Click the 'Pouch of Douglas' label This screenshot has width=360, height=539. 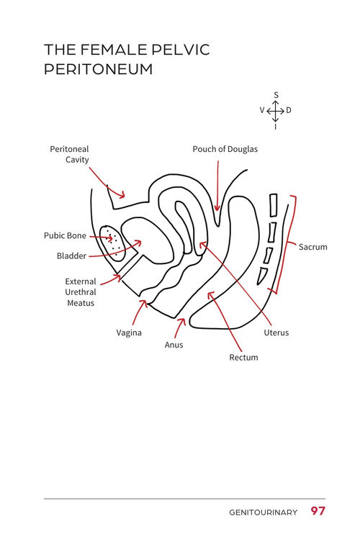click(x=225, y=149)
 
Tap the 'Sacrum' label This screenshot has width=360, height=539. click(x=313, y=247)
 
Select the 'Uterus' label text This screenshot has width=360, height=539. click(x=276, y=332)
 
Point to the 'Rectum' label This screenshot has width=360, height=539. click(x=243, y=358)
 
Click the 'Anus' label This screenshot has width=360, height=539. click(x=174, y=345)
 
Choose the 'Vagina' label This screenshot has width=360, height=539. click(x=129, y=332)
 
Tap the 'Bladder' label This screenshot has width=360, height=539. click(x=71, y=255)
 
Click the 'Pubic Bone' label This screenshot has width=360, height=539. click(x=65, y=235)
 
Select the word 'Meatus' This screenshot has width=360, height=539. click(x=81, y=303)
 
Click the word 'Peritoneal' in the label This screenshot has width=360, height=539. click(x=69, y=149)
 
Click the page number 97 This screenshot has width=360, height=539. click(x=318, y=511)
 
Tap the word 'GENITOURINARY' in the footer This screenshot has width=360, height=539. click(x=263, y=512)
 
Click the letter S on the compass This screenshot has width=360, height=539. click(x=276, y=95)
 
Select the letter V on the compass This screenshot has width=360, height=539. click(x=262, y=110)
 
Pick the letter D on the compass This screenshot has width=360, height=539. click(x=289, y=110)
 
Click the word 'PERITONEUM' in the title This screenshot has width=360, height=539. click(x=99, y=69)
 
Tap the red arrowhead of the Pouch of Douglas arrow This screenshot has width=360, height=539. click(x=217, y=207)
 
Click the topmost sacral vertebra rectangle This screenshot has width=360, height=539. click(x=274, y=206)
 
